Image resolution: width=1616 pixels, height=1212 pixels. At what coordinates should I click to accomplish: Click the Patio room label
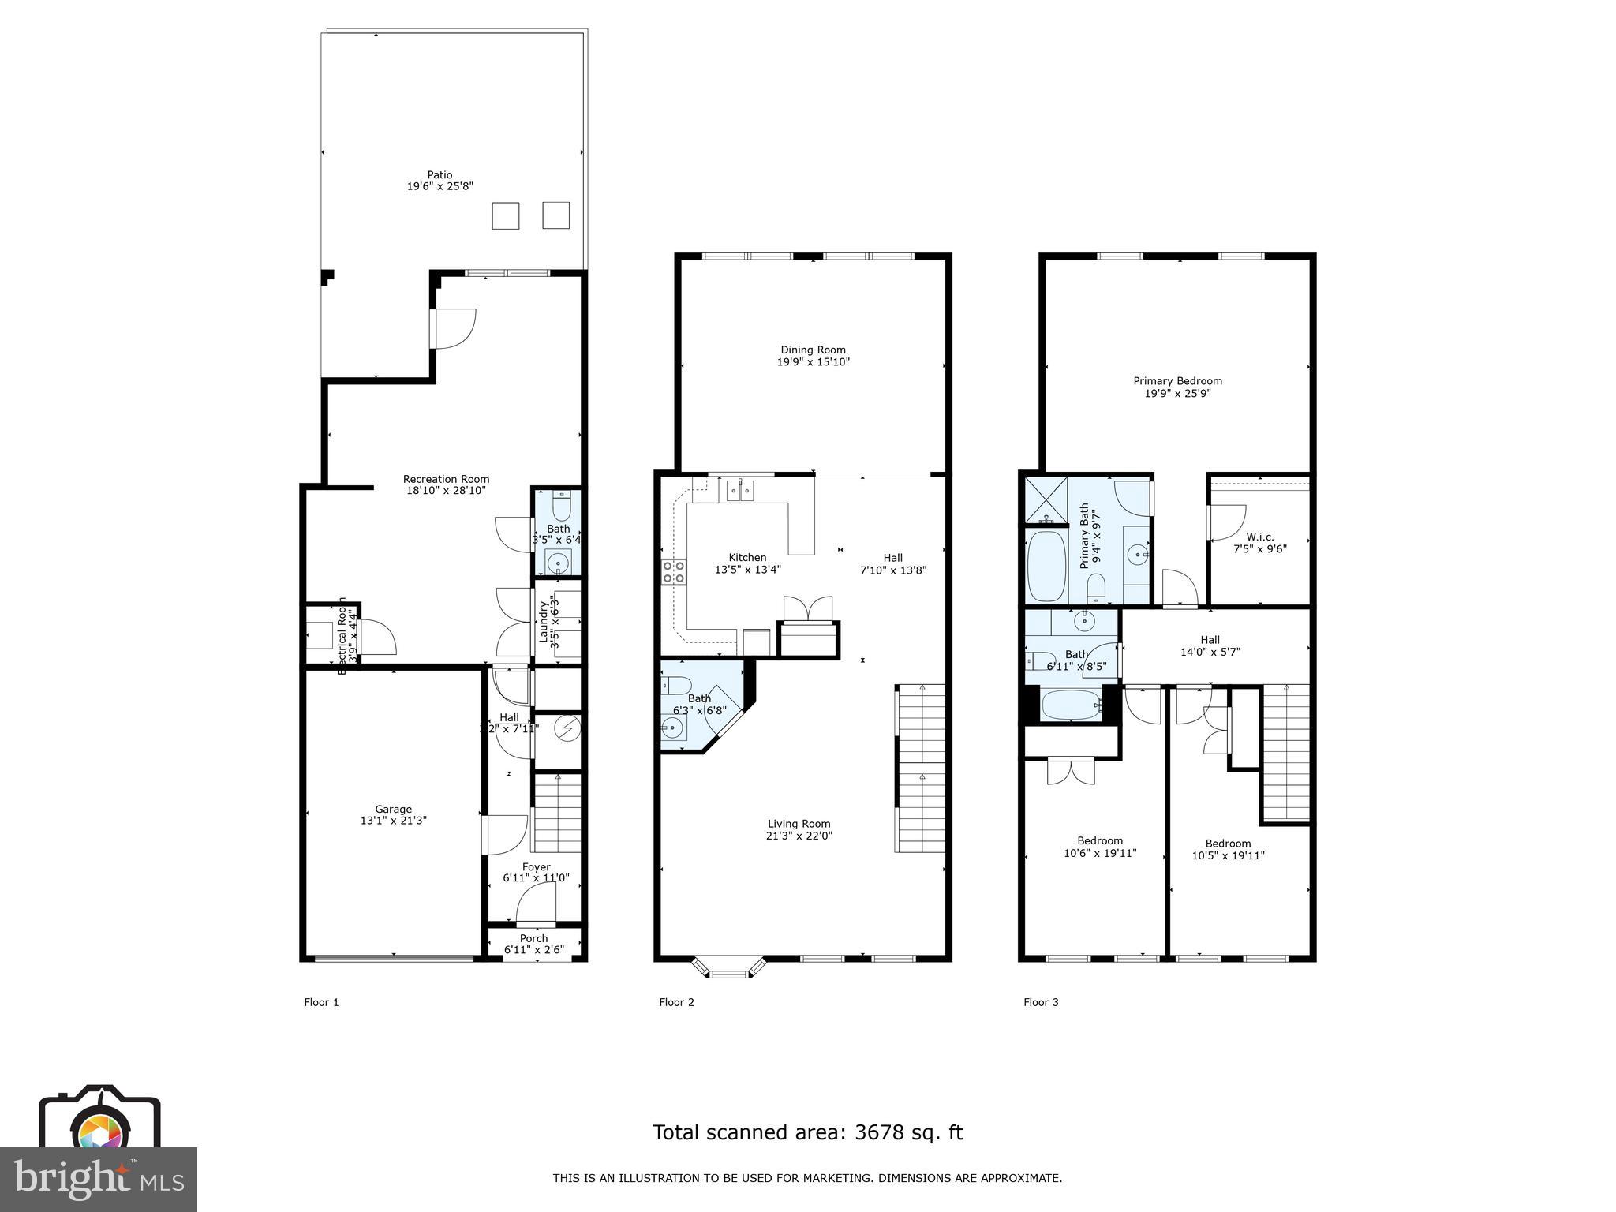click(x=440, y=175)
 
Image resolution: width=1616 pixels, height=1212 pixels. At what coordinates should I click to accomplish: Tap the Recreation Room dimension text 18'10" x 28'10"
click(x=446, y=491)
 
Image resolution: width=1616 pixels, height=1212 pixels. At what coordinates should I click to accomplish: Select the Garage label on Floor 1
click(x=393, y=809)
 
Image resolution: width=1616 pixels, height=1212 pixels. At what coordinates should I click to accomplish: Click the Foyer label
click(x=536, y=866)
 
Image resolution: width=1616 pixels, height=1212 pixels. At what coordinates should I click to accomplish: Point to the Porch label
click(x=534, y=938)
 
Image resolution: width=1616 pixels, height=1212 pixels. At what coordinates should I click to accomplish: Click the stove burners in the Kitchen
click(x=673, y=572)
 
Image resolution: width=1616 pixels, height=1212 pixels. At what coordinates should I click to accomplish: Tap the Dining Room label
click(x=813, y=350)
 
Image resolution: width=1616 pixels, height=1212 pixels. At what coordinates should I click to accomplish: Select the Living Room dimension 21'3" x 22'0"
click(x=799, y=836)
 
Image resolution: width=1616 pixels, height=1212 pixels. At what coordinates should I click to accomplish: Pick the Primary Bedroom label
click(x=1177, y=381)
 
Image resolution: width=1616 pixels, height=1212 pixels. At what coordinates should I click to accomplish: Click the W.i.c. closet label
click(x=1260, y=537)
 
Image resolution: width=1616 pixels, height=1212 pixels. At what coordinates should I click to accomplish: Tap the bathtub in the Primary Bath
click(x=1046, y=566)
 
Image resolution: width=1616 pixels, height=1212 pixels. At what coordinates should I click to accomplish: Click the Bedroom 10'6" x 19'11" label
click(x=1100, y=847)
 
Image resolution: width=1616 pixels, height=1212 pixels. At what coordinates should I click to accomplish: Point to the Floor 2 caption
click(x=676, y=1002)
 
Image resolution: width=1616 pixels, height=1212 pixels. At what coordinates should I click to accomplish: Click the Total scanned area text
click(x=807, y=1132)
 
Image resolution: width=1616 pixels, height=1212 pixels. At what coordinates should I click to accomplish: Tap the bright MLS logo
click(x=99, y=1179)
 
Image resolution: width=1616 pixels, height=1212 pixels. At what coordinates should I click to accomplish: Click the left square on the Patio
click(x=506, y=215)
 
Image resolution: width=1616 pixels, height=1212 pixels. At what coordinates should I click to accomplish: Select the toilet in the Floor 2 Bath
click(x=676, y=685)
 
